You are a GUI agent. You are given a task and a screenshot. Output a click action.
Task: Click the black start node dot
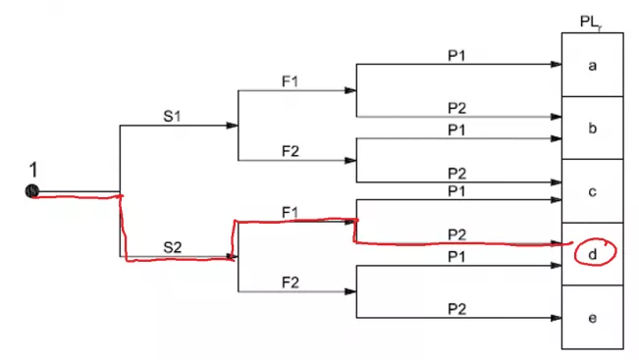(x=31, y=191)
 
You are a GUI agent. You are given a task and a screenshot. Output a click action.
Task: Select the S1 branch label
(x=173, y=116)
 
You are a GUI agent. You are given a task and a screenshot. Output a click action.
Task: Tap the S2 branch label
(x=173, y=247)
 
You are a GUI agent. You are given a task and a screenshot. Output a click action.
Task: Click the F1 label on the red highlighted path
(x=291, y=212)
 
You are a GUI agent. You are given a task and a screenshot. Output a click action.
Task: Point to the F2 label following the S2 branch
(x=292, y=282)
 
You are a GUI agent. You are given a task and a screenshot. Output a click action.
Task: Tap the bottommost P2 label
(x=456, y=308)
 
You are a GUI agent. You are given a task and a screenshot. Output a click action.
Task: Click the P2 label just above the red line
(x=456, y=233)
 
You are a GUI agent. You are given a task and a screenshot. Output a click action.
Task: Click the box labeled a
(x=592, y=65)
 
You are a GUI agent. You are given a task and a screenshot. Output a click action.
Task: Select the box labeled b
(x=592, y=128)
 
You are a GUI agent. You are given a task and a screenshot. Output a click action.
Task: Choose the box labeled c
(x=592, y=190)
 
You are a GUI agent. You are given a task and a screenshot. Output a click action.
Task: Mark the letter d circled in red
(x=593, y=253)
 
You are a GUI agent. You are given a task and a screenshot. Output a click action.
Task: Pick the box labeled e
(x=592, y=317)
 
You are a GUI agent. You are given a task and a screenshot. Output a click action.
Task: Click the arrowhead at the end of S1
(x=232, y=126)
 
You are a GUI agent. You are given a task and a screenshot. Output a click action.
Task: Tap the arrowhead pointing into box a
(x=556, y=65)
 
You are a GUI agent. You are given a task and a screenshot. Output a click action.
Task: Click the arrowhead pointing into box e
(x=556, y=318)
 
